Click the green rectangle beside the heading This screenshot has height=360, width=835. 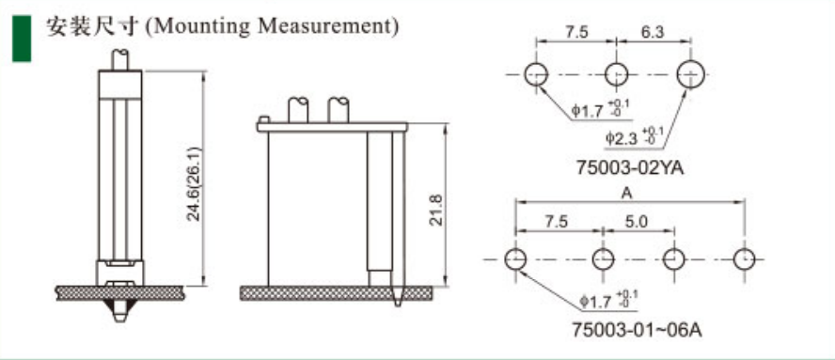click(x=22, y=39)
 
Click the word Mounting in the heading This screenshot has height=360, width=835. click(x=202, y=26)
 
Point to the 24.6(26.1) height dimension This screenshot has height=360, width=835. click(x=194, y=183)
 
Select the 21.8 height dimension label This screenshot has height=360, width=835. click(x=436, y=210)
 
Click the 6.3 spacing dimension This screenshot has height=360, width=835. click(x=653, y=33)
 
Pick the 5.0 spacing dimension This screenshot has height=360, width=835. click(x=637, y=222)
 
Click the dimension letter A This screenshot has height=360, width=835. click(x=627, y=194)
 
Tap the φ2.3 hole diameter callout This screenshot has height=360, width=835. click(x=634, y=137)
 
